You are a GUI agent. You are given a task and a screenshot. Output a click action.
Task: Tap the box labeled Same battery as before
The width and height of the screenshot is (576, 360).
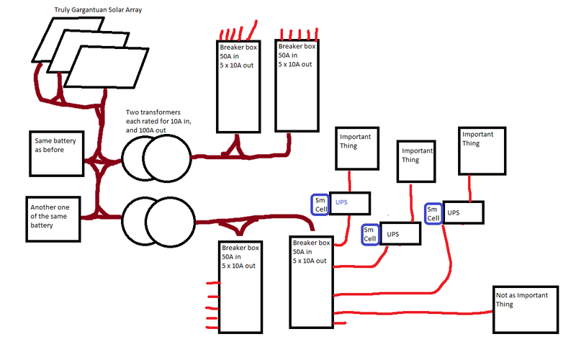(x=57, y=153)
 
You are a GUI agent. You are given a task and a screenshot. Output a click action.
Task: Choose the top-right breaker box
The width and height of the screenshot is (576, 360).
(x=297, y=86)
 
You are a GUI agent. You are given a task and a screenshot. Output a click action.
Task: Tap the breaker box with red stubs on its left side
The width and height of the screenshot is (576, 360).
(x=240, y=287)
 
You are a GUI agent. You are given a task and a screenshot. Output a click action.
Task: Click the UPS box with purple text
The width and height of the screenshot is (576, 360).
(x=349, y=203)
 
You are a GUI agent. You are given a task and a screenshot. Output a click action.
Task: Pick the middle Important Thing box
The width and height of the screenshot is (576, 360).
(x=418, y=163)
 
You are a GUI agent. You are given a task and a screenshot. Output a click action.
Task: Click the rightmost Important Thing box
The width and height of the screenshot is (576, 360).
(x=480, y=150)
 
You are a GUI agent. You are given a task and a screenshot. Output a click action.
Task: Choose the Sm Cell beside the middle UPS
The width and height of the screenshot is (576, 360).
(x=369, y=234)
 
